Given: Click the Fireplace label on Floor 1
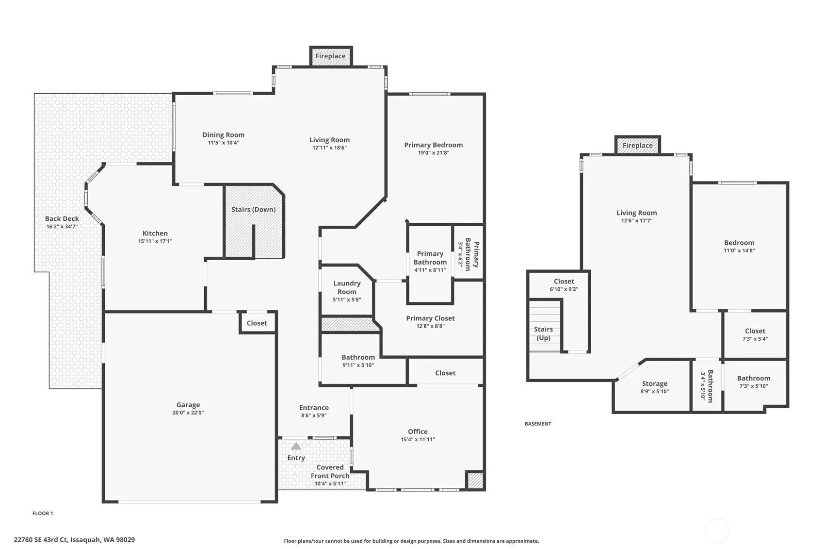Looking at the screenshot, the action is click(330, 56).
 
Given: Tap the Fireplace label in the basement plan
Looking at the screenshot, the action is click(637, 145).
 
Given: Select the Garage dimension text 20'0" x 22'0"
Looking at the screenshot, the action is click(188, 413).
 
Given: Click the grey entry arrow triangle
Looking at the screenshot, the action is click(296, 446).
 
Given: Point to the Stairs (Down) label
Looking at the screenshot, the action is click(254, 209).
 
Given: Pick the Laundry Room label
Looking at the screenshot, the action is click(347, 287).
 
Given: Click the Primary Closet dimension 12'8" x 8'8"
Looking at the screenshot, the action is click(430, 326).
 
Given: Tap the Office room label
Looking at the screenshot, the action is click(418, 432).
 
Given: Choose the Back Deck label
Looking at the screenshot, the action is click(62, 218).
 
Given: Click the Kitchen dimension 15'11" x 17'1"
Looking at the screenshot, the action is click(155, 241).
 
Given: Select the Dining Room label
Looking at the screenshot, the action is click(224, 134).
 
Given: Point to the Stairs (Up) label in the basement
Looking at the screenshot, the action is click(543, 333).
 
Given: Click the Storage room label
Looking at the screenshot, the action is click(655, 383).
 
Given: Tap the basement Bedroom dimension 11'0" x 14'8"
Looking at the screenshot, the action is click(739, 250).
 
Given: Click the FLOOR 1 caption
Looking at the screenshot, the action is click(43, 514).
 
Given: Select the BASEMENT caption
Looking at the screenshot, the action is click(538, 424).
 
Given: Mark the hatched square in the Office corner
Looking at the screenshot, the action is click(475, 481).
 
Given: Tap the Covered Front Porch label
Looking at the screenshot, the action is click(330, 471).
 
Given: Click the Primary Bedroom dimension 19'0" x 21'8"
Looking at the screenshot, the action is click(434, 152).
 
